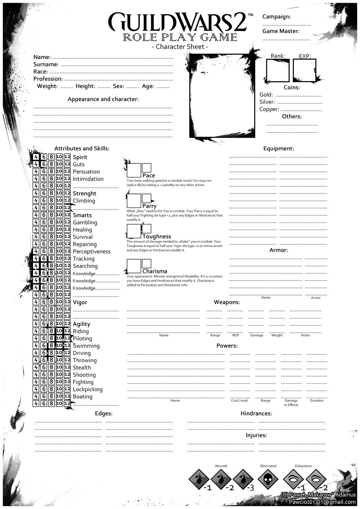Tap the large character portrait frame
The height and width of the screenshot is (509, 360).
click(222, 95)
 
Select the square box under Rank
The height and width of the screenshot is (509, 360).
click(277, 70)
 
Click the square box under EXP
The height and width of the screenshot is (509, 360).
click(304, 70)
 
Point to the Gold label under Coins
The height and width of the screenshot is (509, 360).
click(266, 95)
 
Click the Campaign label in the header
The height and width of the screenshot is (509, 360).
click(276, 17)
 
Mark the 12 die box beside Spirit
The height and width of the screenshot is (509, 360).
click(67, 157)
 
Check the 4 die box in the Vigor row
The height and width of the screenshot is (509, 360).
click(36, 302)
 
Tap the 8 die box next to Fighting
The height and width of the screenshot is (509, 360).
click(51, 382)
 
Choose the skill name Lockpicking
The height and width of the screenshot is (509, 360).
click(88, 389)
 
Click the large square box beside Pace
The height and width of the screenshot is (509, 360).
click(134, 170)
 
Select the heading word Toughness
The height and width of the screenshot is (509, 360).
click(157, 237)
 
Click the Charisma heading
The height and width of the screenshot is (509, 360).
click(155, 271)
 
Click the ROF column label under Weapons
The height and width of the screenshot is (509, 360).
click(236, 335)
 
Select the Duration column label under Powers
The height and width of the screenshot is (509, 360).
click(316, 400)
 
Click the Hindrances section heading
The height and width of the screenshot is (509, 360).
click(256, 413)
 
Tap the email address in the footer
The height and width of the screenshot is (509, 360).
click(322, 502)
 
